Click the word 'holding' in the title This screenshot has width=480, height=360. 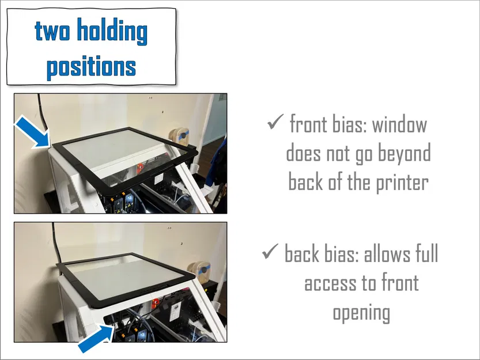pos(112,32)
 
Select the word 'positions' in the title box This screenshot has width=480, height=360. pos(91,67)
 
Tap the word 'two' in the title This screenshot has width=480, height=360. pos(52,32)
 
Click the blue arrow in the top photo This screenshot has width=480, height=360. pos(33,132)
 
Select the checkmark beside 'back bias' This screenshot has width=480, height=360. pos(270,251)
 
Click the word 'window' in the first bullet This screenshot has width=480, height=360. pos(399,124)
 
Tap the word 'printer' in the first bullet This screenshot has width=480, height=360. pos(402,183)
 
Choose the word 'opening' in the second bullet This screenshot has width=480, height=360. pos(361,313)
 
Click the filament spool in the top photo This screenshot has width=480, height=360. pos(180,137)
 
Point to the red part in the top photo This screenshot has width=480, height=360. pos(140,168)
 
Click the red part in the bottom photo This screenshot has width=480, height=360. pos(155,302)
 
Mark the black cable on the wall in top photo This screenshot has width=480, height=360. pos(42,113)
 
